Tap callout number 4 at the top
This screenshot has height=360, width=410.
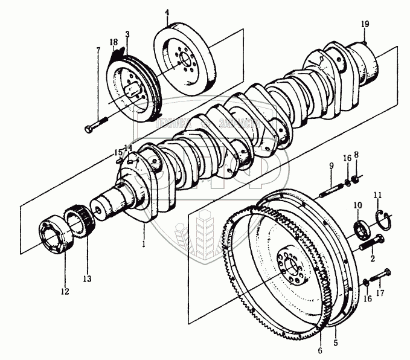[x=167, y=11]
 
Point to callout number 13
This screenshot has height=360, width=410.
[x=87, y=278]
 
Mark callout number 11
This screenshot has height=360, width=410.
[x=378, y=194]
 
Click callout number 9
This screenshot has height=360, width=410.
[x=331, y=165]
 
